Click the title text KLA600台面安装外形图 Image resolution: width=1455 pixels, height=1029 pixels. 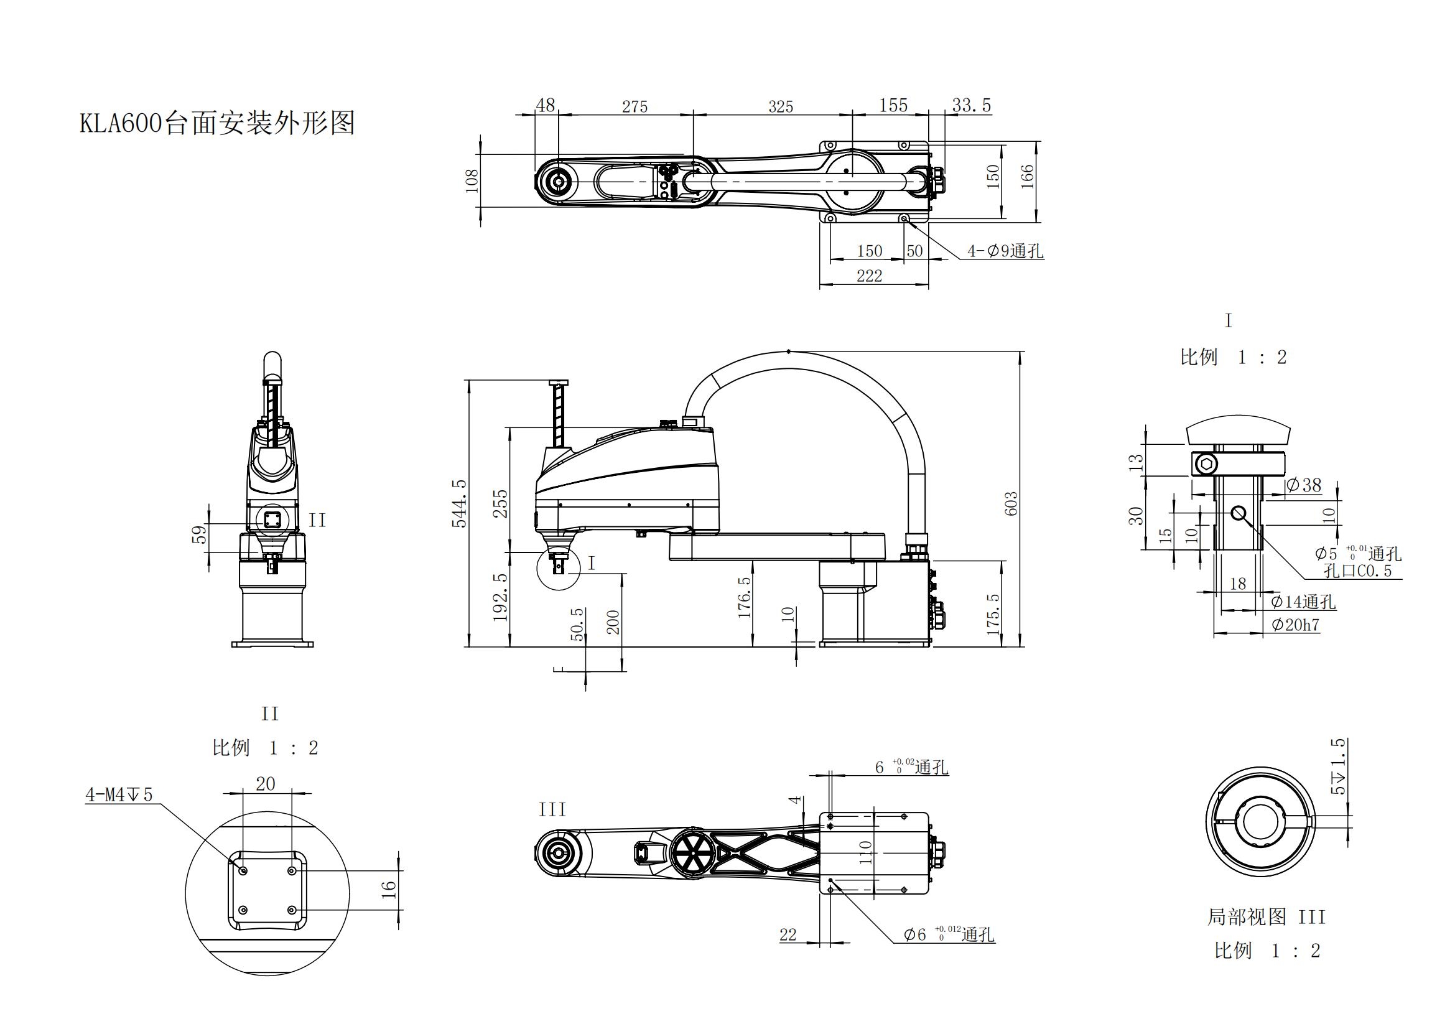(216, 123)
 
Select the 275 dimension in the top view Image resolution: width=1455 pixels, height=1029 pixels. (635, 106)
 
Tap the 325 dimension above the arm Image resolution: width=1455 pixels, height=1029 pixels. (780, 106)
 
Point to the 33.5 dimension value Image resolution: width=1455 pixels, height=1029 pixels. (971, 105)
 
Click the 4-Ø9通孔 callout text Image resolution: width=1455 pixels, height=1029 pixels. (1005, 251)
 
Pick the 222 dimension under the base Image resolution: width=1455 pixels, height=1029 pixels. (869, 276)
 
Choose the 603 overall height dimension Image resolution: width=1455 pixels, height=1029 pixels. (1011, 503)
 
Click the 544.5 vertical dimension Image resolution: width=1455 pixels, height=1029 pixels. (460, 503)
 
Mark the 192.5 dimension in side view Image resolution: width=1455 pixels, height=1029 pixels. (501, 596)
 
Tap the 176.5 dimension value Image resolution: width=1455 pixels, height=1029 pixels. (745, 596)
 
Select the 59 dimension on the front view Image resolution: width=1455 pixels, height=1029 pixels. (200, 535)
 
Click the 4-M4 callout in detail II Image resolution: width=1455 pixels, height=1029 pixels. (119, 794)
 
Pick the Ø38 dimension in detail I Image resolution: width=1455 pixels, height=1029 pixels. (1304, 485)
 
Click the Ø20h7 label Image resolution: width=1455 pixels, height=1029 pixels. (1295, 625)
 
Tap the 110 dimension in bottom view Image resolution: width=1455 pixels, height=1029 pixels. (866, 853)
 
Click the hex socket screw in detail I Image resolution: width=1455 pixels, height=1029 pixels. (1206, 466)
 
